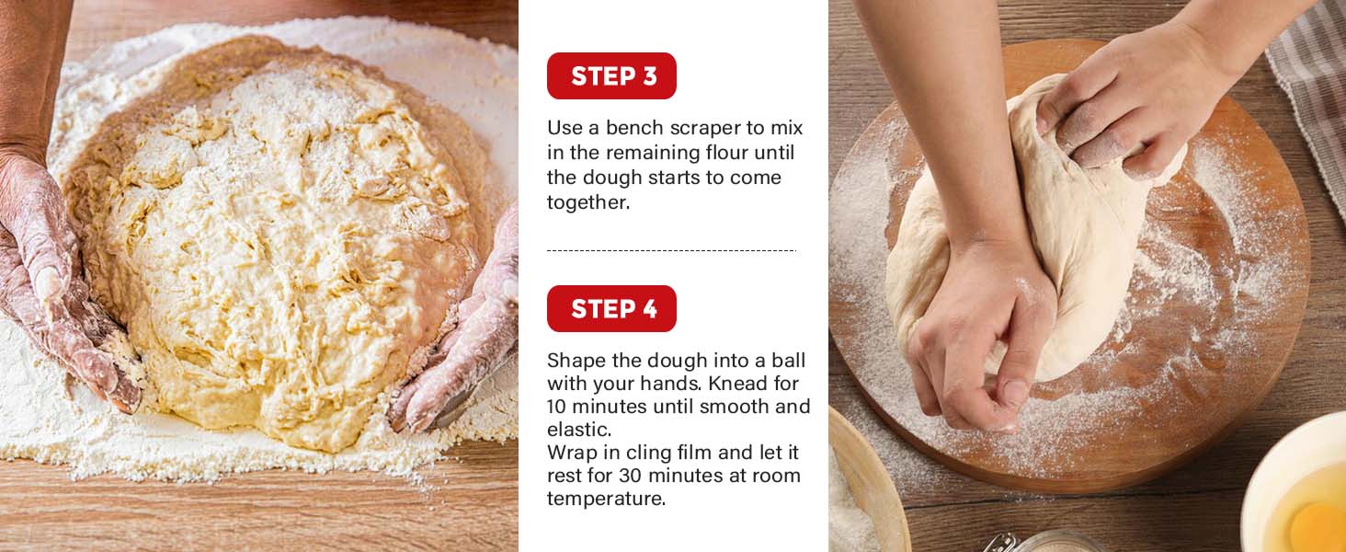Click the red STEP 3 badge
click(611, 75)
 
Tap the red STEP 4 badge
click(611, 308)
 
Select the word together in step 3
click(588, 203)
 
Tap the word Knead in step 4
click(735, 383)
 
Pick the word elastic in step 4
click(579, 430)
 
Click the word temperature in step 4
click(606, 499)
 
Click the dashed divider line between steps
click(671, 250)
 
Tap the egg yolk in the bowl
click(1320, 526)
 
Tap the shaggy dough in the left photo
click(282, 240)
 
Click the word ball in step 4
click(788, 361)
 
